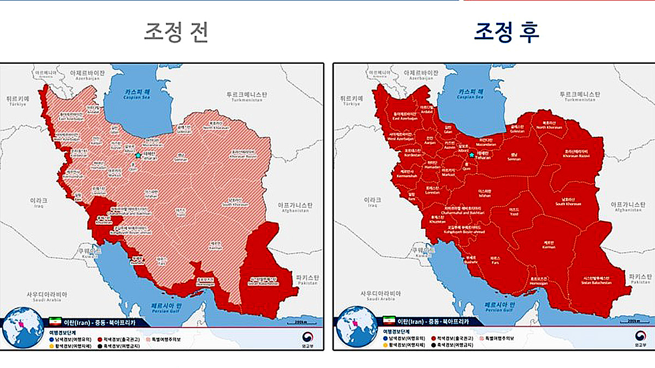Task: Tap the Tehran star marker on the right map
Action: tap(472, 155)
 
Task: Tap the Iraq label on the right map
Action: tap(373, 202)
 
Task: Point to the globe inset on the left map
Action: tap(22, 327)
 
